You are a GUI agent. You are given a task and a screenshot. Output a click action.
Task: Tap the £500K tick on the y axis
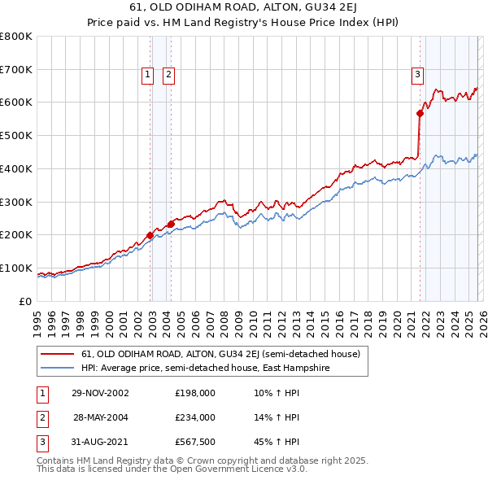tap(15, 135)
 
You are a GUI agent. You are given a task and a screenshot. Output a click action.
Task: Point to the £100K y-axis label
tap(15, 268)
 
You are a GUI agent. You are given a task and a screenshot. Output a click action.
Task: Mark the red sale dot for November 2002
tap(150, 235)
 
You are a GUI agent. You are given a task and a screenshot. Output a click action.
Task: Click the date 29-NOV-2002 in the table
tap(100, 393)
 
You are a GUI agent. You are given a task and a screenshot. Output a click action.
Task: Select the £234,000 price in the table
tap(195, 417)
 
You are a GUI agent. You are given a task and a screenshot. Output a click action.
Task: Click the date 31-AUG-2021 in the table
tap(100, 442)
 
